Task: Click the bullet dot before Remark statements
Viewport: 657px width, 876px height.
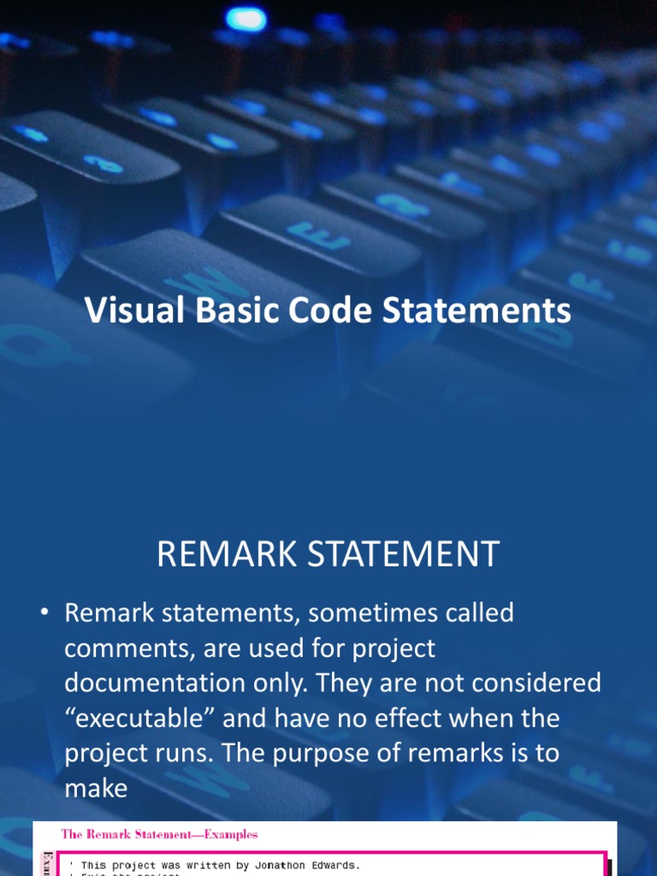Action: pos(44,613)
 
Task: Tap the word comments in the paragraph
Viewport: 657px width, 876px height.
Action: pos(129,649)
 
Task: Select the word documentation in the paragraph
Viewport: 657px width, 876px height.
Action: pos(159,684)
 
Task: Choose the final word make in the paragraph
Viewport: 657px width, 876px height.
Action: pos(96,788)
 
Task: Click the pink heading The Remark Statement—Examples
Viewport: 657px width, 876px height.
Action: pos(159,834)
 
